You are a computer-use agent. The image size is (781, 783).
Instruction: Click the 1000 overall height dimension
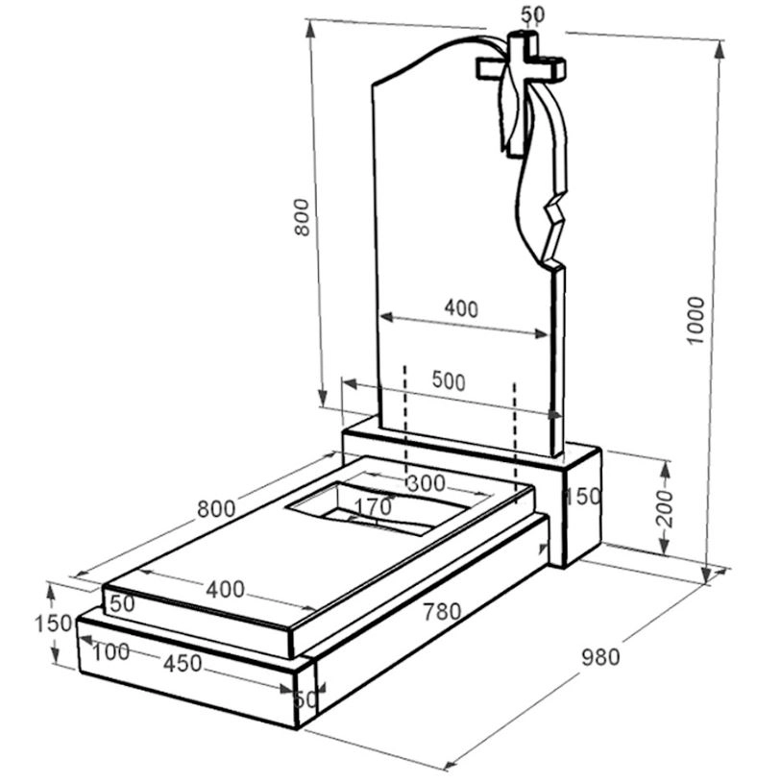pos(696,320)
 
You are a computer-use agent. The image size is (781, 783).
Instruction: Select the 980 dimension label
pos(600,657)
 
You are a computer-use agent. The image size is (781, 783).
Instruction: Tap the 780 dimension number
pos(442,612)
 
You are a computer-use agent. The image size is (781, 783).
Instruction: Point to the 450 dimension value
pos(183,663)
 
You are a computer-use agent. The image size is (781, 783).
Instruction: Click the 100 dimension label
pos(110,651)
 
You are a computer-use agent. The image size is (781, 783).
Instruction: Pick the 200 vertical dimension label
pos(665,508)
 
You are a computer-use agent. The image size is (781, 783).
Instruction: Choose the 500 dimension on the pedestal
pos(449,381)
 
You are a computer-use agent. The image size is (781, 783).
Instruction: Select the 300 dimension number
pos(426,483)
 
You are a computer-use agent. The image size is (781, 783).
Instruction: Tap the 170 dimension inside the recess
pos(373,507)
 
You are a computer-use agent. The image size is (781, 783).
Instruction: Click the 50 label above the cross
pos(533,14)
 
